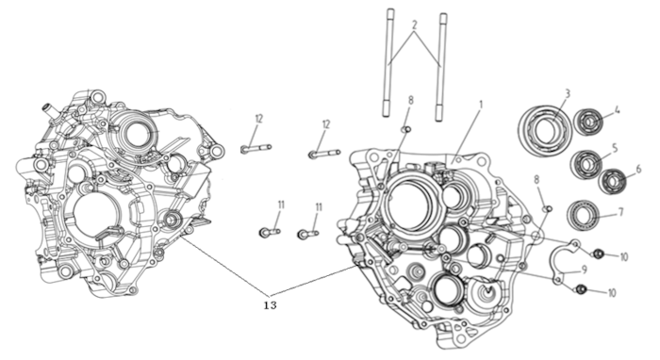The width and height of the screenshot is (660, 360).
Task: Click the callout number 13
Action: pos(271,305)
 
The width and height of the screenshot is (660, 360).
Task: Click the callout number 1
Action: pos(481,104)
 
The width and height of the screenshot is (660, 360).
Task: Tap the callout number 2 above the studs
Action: pos(414,25)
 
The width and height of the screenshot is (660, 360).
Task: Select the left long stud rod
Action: pos(388,62)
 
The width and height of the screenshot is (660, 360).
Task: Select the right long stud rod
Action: pos(440,67)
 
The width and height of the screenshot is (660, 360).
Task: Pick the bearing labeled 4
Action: pos(587,123)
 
